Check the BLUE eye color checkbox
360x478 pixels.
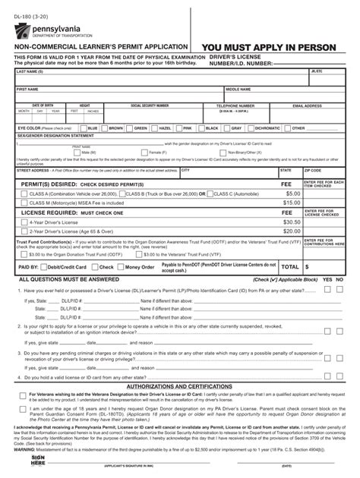[x=84, y=128]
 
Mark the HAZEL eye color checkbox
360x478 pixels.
[x=156, y=128]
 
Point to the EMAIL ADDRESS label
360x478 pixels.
[x=308, y=105]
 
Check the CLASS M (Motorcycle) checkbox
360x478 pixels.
[x=24, y=203]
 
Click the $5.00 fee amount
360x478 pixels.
[x=292, y=193]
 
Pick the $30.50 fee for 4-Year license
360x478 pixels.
[x=292, y=222]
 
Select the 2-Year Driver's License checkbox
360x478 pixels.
[x=24, y=231]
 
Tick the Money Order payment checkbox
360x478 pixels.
[x=120, y=267]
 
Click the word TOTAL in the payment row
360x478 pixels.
[x=289, y=267]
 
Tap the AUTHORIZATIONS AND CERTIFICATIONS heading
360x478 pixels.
[x=179, y=386]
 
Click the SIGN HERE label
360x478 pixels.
[x=38, y=461]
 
